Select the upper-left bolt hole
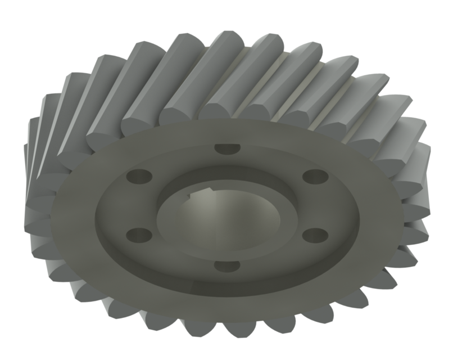(138, 176)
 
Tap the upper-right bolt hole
(315, 176)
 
